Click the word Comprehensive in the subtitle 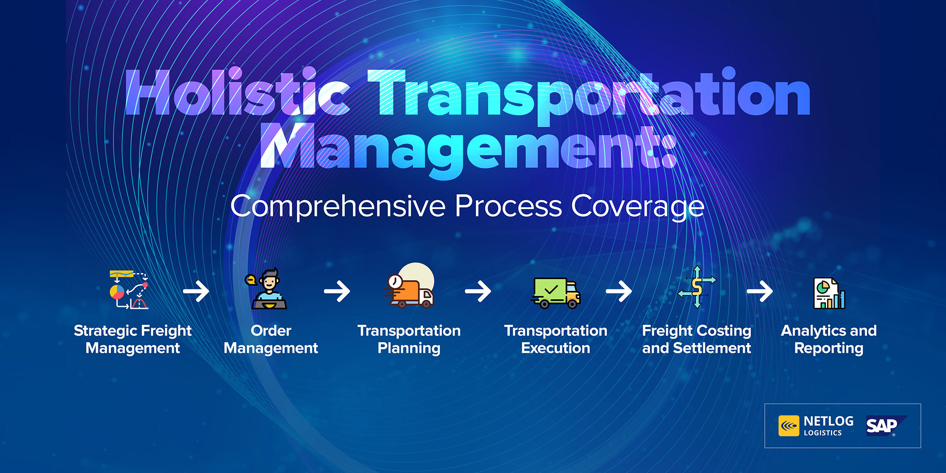click(x=338, y=207)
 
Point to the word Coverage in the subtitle click(x=638, y=207)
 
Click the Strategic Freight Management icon click(x=129, y=289)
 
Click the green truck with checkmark click(x=556, y=293)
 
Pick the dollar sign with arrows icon click(x=697, y=287)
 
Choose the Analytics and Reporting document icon click(x=829, y=293)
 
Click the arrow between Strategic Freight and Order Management click(x=196, y=291)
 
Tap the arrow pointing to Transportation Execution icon click(x=478, y=291)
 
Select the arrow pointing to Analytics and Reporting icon click(x=760, y=291)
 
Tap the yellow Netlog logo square click(x=789, y=426)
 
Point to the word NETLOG click(x=829, y=421)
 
